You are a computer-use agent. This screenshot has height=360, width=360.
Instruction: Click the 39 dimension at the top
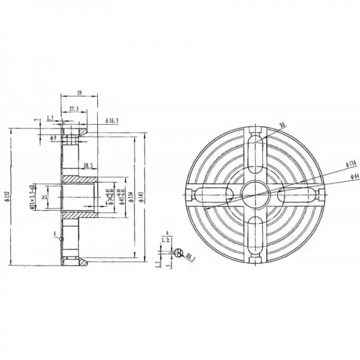[x=80, y=92]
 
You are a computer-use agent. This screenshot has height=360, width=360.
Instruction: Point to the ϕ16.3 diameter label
[x=112, y=121]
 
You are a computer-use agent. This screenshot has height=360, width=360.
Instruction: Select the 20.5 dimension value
[x=88, y=165]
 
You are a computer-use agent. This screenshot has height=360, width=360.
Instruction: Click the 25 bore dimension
[x=46, y=196]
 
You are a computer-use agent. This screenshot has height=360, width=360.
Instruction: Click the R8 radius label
[x=283, y=125]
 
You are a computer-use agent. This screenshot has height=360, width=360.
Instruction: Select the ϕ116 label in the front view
[x=352, y=163]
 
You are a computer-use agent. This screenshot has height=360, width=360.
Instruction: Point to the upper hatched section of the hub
[x=78, y=178]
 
